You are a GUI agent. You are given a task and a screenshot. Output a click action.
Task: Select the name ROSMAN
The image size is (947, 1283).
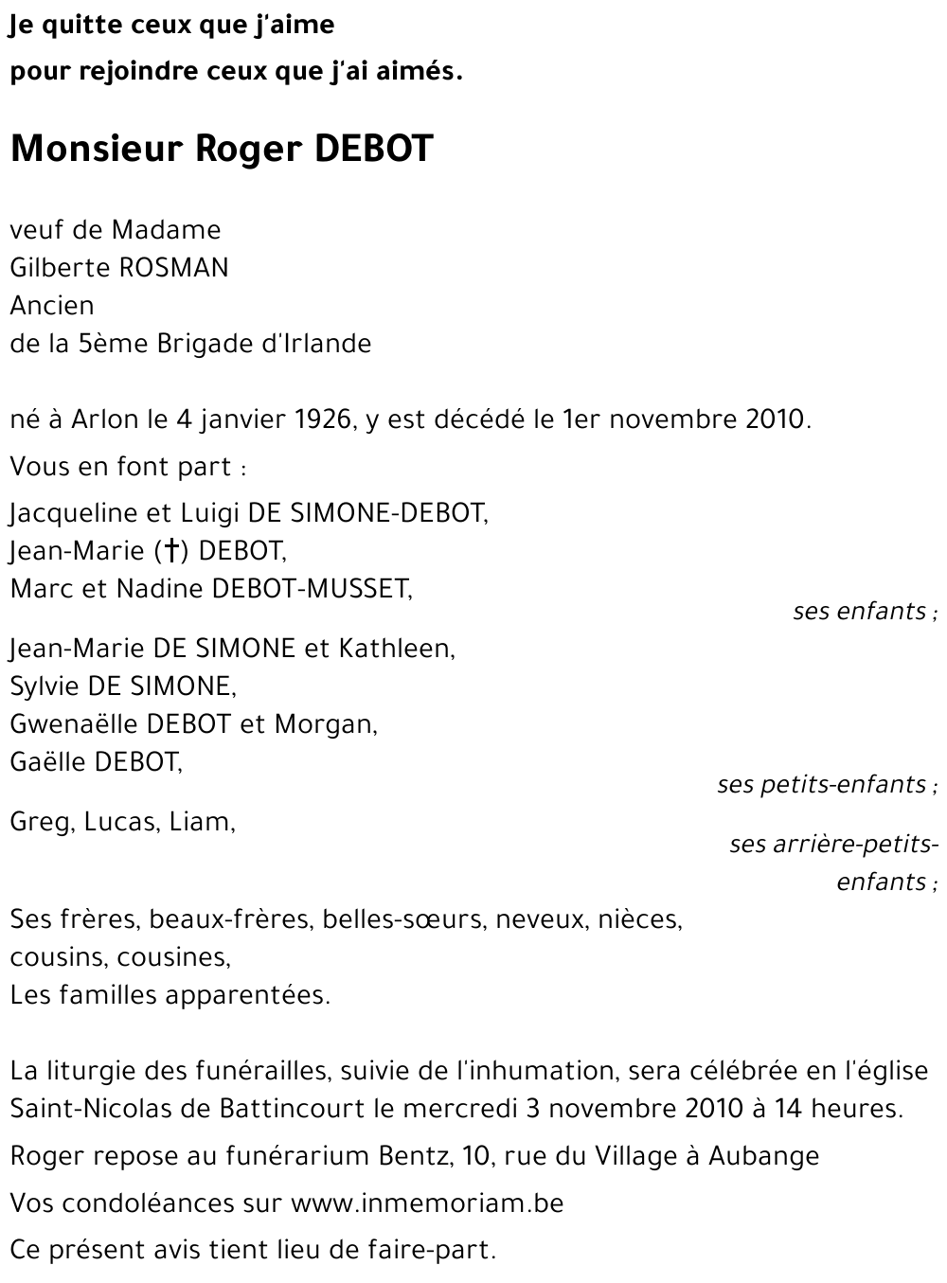[173, 268]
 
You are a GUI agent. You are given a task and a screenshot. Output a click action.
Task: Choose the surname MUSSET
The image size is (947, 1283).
[363, 589]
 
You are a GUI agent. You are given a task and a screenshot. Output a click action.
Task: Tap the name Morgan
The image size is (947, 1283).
[325, 724]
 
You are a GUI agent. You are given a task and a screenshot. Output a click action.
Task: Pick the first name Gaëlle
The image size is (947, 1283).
[48, 762]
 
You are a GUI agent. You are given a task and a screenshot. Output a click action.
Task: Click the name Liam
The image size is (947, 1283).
[202, 822]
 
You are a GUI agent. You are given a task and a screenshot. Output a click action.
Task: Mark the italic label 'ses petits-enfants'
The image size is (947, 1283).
[824, 785]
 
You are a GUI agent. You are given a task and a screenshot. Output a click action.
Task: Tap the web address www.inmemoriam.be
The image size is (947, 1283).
[427, 1203]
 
